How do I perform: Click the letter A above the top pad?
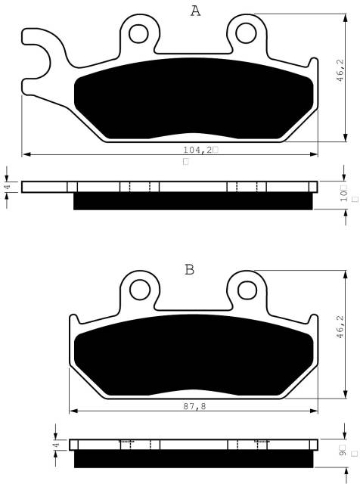click(x=195, y=11)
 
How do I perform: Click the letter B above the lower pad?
click(x=189, y=269)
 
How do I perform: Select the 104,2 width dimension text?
click(x=198, y=150)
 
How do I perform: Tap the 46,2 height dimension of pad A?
click(x=340, y=70)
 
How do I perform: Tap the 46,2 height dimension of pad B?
click(x=340, y=327)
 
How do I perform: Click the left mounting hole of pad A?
click(x=138, y=33)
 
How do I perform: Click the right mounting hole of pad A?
click(x=246, y=33)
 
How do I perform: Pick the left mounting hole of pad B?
click(x=140, y=290)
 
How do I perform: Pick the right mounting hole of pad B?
click(x=247, y=290)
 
